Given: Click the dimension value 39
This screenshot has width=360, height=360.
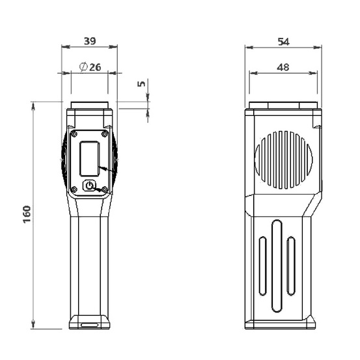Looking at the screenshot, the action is point(90,41).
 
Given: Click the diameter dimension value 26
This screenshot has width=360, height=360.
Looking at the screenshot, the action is point(95,67).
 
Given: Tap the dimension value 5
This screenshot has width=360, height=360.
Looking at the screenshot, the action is point(141,84).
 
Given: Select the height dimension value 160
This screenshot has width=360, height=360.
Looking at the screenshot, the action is point(27,214).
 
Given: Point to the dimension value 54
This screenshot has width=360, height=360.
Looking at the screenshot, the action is point(284,42).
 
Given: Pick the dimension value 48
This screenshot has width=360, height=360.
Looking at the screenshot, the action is point(283,67).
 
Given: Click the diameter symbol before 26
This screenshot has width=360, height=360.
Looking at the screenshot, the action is point(83,67).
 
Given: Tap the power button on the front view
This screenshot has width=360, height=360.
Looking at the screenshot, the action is point(89,186).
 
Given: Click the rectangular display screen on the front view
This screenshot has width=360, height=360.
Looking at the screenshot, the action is point(90,159).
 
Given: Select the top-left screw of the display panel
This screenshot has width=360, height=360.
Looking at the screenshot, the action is point(74,134).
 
